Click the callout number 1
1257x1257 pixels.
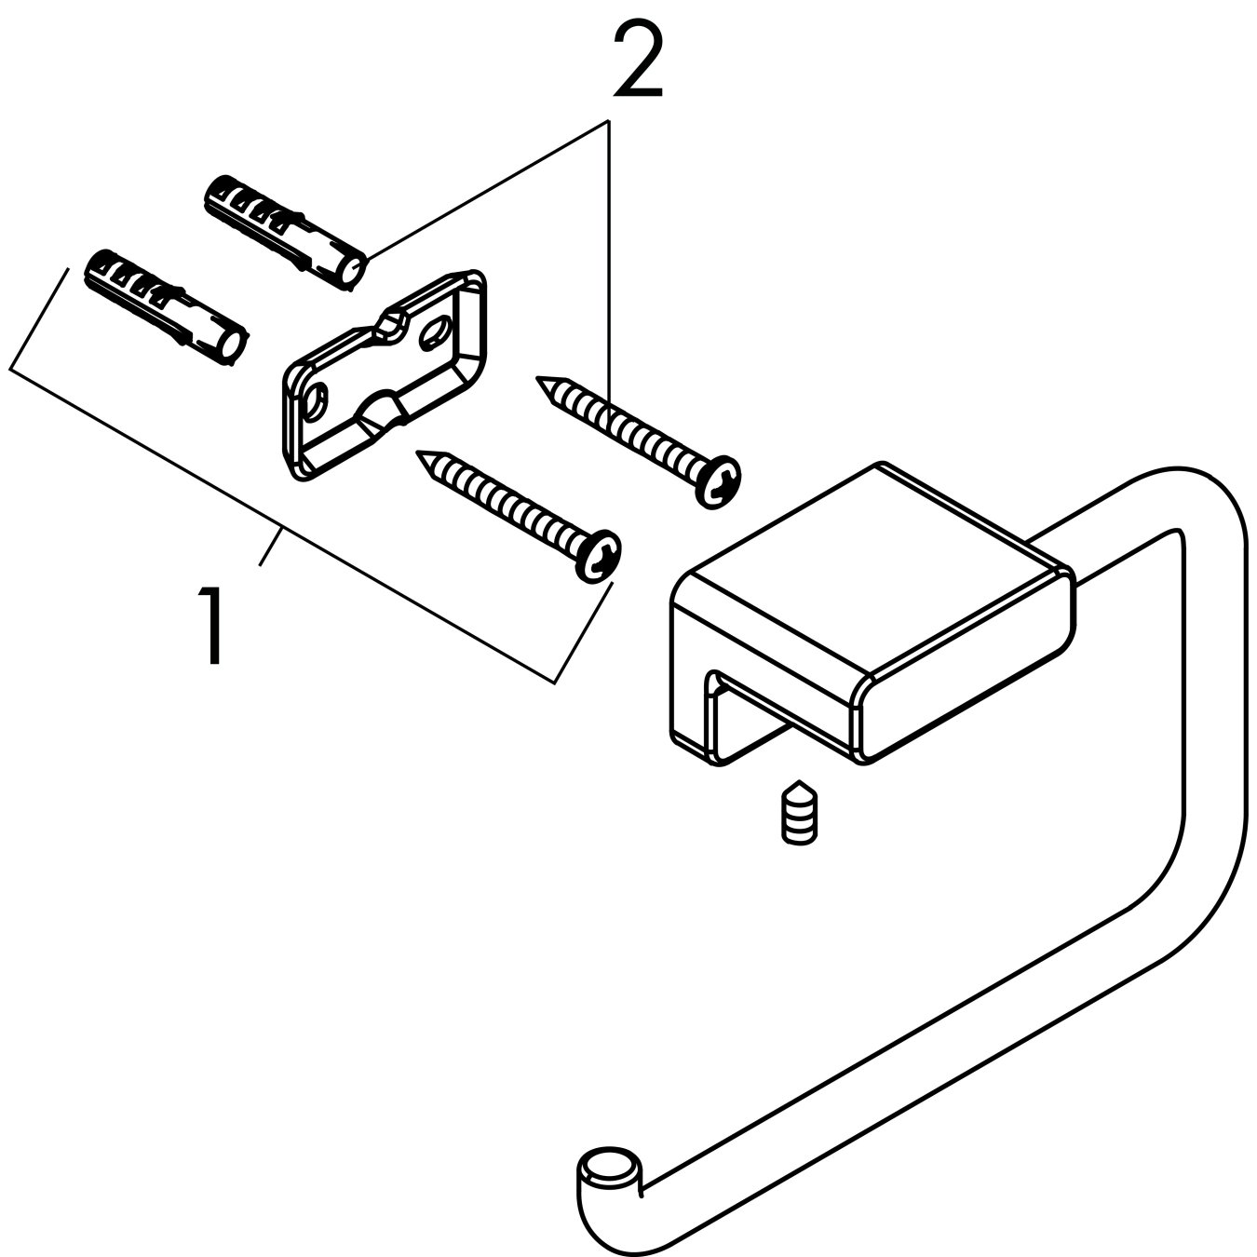[214, 626]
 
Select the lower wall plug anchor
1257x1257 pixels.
[166, 307]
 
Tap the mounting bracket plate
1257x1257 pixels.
[382, 382]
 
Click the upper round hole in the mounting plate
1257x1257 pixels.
[434, 334]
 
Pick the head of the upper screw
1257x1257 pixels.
[719, 481]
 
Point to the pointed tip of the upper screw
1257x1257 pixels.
[541, 381]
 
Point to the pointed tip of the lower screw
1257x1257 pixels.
[422, 455]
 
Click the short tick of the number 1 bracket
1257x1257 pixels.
[270, 547]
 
